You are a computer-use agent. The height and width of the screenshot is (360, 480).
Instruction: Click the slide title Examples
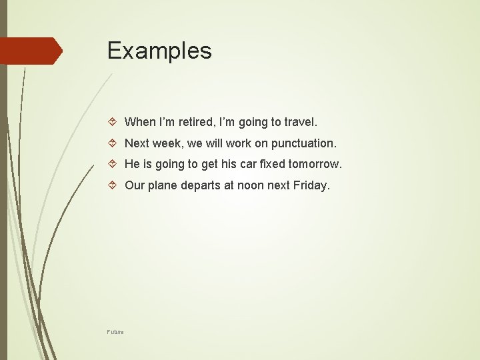coord(159,51)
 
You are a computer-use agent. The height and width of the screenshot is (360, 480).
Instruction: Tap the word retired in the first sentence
coord(191,122)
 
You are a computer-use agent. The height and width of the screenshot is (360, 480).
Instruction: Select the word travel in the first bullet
coord(300,122)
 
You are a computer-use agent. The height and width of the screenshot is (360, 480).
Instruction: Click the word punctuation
coord(303,143)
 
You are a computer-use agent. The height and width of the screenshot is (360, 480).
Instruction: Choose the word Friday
coord(311,186)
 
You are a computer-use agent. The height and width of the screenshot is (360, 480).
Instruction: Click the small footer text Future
coord(115,331)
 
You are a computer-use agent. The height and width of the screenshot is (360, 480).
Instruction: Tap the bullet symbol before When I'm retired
coord(113,123)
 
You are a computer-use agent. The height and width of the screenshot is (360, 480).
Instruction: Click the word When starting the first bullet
coord(140,122)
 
